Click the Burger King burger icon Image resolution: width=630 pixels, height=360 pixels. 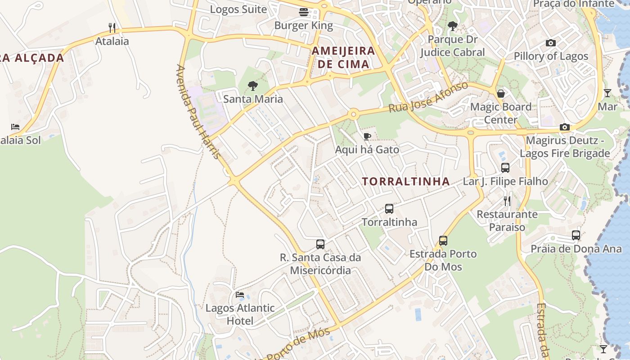point(304,12)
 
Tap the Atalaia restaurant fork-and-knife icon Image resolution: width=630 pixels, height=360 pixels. point(112,28)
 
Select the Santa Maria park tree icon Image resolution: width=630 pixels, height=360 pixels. point(253,85)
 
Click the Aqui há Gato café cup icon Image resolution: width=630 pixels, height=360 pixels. point(367,136)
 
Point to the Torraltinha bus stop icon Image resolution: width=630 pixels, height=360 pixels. point(389,209)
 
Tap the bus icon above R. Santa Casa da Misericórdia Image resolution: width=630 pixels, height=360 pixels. point(320,244)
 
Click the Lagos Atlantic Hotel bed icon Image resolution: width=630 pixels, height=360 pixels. point(240,295)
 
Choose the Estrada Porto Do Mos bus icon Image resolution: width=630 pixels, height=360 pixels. point(443,241)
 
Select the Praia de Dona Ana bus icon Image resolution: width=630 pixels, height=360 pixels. point(576,235)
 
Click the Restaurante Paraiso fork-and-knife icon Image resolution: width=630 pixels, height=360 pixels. point(507,201)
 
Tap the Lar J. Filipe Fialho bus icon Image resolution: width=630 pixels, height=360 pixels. point(505,168)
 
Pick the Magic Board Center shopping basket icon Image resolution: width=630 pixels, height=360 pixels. point(500,94)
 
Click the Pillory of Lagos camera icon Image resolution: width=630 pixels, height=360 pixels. point(551,43)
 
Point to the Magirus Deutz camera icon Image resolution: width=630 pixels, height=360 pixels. point(565,127)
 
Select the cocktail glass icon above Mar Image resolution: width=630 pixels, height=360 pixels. point(607,93)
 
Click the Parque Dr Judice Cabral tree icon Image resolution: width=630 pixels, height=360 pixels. point(453,26)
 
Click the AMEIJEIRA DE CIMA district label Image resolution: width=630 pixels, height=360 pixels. point(343,57)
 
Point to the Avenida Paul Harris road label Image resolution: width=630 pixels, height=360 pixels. point(198,112)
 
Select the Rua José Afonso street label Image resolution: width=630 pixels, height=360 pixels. point(428,97)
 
